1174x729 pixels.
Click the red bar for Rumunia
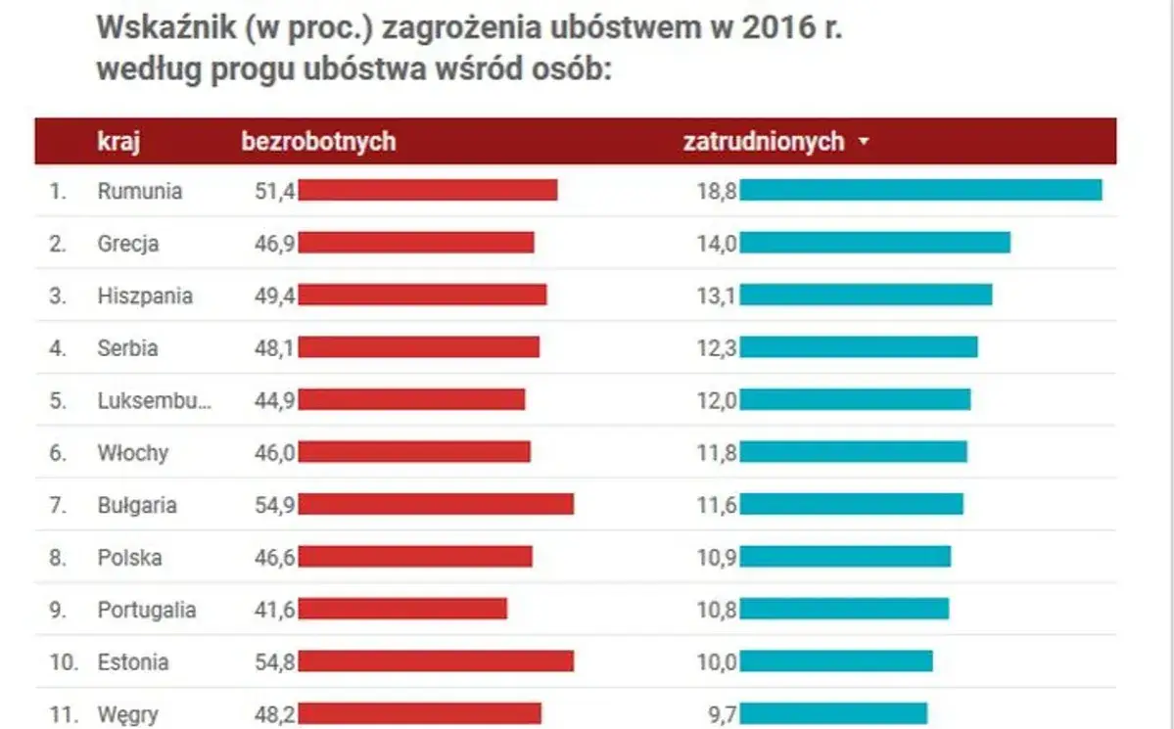click(x=428, y=190)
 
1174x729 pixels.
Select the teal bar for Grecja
click(x=874, y=243)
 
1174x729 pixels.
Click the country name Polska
click(x=129, y=558)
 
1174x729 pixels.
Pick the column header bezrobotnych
click(x=318, y=141)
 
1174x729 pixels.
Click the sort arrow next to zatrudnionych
click(x=863, y=142)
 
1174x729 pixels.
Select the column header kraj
click(x=119, y=141)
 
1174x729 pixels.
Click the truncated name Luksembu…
click(x=153, y=400)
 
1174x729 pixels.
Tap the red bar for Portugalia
click(x=402, y=609)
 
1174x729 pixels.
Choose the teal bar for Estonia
click(x=836, y=661)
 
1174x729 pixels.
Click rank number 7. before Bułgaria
click(x=58, y=505)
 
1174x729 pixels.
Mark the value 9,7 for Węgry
click(x=721, y=714)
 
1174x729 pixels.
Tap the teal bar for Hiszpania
click(x=866, y=296)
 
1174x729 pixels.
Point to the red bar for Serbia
click(x=419, y=347)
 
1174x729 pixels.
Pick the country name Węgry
click(x=127, y=714)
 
